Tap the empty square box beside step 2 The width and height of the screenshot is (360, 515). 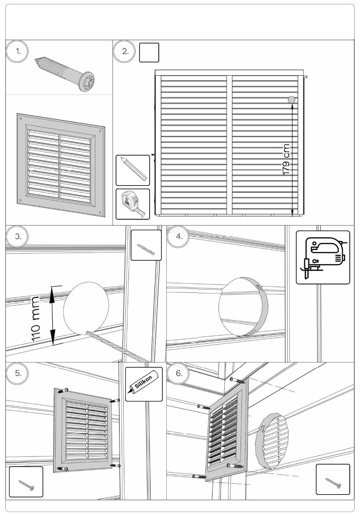(149, 52)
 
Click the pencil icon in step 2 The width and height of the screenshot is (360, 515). (133, 170)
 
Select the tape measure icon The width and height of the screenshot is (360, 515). (133, 204)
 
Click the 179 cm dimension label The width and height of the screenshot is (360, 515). (286, 159)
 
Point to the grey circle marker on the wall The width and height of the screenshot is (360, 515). (291, 100)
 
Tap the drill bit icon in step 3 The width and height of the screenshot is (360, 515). (146, 245)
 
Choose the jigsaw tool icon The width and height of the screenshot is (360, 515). (323, 257)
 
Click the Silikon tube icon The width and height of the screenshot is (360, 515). (144, 384)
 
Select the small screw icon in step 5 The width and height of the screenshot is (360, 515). (26, 482)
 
